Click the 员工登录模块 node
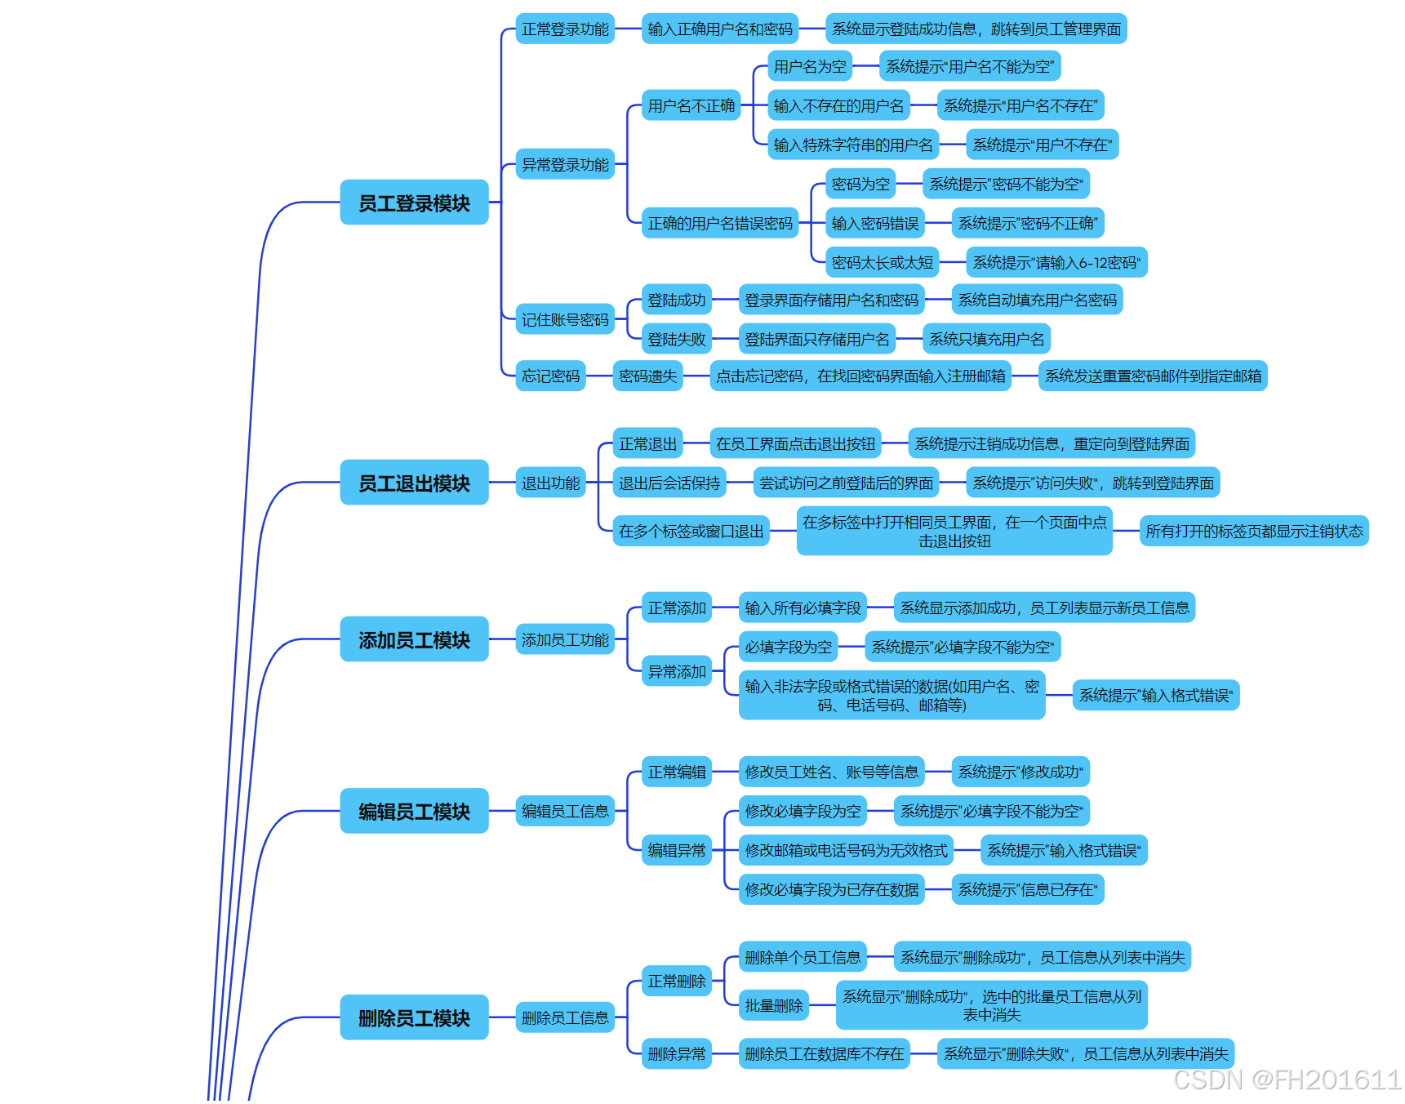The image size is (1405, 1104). point(414,203)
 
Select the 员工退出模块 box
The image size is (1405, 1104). point(414,483)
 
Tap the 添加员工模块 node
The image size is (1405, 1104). point(414,639)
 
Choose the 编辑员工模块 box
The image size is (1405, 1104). point(414,811)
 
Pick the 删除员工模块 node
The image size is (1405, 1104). point(414,1017)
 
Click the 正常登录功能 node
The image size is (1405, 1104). point(565,29)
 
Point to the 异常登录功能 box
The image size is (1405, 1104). point(565,164)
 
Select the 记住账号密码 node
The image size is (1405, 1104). point(565,319)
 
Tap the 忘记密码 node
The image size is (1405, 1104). point(550,376)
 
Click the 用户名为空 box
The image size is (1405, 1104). point(810,66)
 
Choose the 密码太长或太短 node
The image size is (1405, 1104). point(882,262)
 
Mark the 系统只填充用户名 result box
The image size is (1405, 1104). point(986,339)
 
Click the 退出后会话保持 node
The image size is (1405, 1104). point(669,483)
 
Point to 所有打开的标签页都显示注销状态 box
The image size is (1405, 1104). point(1253,531)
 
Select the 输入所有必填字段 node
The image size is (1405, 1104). point(803,608)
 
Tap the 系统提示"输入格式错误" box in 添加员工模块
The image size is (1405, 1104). point(1155,695)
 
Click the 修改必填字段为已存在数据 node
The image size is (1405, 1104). point(831,889)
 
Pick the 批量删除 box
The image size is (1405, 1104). point(773,1005)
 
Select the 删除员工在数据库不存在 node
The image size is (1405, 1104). point(824,1053)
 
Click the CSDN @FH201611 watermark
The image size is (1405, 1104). point(1287,1080)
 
